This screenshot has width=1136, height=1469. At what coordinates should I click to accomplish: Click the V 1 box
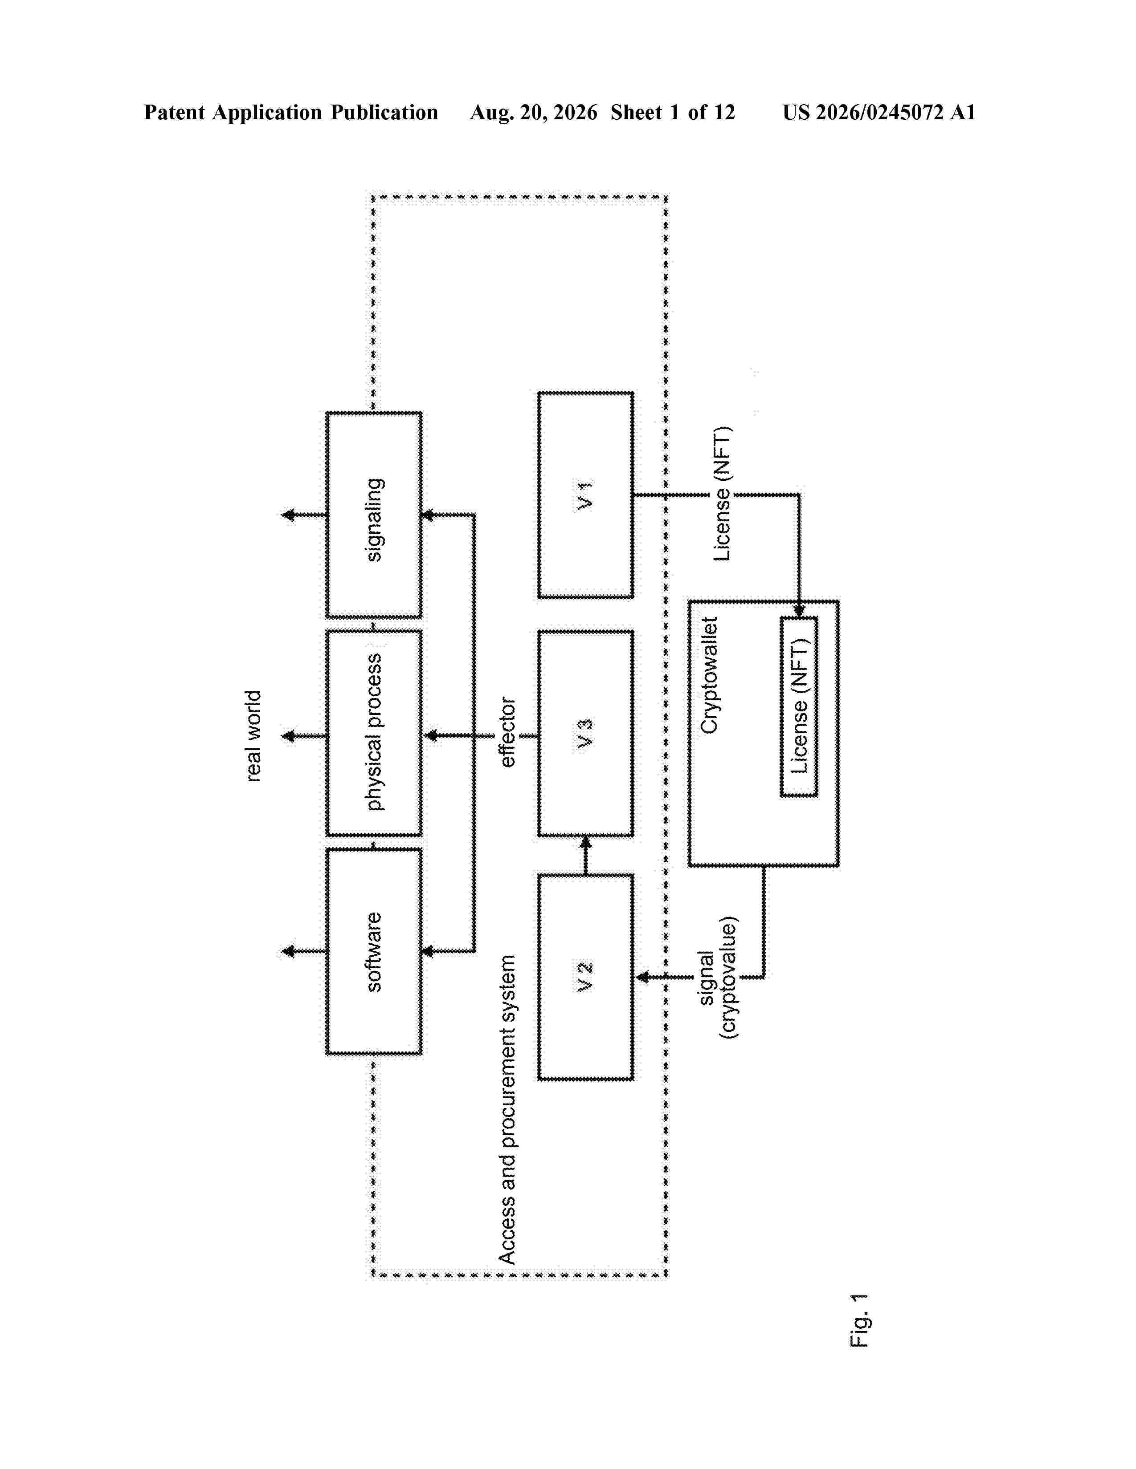tap(585, 495)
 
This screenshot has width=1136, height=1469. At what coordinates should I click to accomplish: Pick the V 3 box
tap(585, 734)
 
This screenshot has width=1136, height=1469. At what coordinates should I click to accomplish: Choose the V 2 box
tap(585, 977)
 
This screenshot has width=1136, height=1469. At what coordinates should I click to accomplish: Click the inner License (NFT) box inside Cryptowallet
tap(799, 706)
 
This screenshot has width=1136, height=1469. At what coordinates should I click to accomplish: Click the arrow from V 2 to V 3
tap(585, 856)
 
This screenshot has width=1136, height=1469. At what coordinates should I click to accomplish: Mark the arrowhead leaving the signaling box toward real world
tap(289, 515)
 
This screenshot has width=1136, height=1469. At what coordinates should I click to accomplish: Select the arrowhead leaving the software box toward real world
tap(289, 951)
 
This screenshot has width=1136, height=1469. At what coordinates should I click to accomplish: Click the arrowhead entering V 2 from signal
tap(643, 977)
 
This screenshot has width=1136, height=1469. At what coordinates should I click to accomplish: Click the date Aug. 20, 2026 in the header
tap(533, 112)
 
